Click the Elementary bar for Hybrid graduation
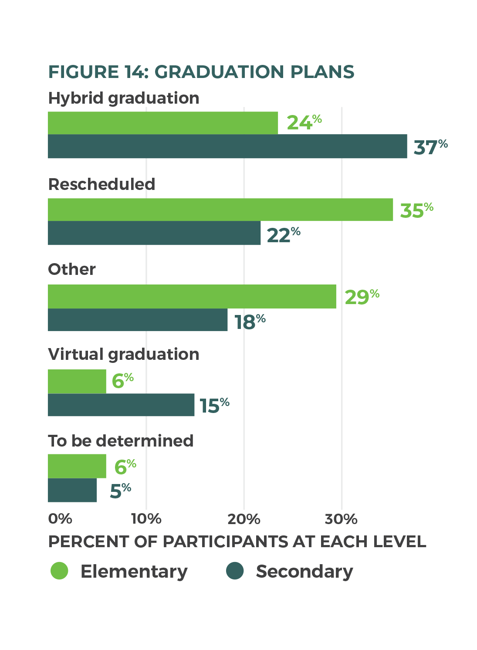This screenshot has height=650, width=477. click(162, 123)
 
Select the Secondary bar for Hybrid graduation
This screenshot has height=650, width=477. click(227, 146)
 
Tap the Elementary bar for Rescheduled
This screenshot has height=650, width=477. click(220, 210)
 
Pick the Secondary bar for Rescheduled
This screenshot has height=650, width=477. click(154, 233)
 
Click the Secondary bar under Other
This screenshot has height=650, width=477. click(137, 320)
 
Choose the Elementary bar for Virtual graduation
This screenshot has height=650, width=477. click(77, 382)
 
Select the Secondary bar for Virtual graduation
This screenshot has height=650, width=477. click(121, 405)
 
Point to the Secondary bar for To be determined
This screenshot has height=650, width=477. click(72, 491)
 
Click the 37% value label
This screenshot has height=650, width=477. click(430, 147)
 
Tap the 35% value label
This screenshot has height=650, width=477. click(416, 210)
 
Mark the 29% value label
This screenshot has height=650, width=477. click(362, 297)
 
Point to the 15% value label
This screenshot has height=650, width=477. click(214, 405)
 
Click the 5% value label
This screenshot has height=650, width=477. click(120, 491)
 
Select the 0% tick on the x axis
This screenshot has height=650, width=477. click(60, 519)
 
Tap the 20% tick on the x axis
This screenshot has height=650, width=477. click(244, 519)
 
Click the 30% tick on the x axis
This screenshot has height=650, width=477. click(341, 519)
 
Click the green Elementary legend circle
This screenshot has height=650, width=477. click(59, 571)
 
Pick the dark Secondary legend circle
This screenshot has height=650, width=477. click(235, 571)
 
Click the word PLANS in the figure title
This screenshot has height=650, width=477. click(322, 72)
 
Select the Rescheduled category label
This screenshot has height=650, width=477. click(101, 184)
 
